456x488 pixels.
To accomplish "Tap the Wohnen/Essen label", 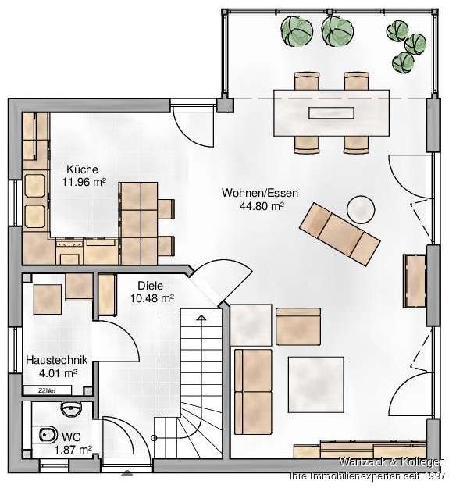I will pos(251,193).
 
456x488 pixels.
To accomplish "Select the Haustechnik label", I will pos(55,361).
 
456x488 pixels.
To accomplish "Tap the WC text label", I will pos(71,436).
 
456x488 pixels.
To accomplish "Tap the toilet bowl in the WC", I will pos(45,439).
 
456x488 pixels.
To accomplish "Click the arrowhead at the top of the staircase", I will pos(202,318).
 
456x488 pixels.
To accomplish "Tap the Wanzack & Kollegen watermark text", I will pos(385,463).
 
